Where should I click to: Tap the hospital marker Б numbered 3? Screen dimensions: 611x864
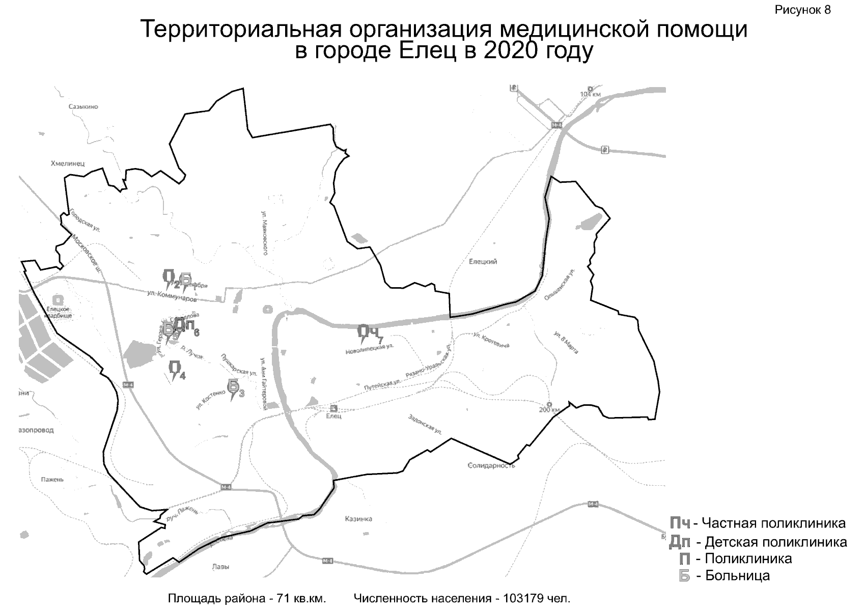(233, 387)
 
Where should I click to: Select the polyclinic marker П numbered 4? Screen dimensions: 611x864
(175, 369)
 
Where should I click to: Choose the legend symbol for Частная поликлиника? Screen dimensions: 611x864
(680, 523)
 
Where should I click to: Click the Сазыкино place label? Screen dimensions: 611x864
(83, 107)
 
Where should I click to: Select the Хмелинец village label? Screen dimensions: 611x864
(68, 163)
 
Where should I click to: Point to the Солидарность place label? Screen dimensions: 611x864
(491, 465)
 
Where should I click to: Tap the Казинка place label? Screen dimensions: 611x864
(358, 519)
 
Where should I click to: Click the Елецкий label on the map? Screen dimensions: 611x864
(483, 262)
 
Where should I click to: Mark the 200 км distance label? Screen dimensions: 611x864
(549, 409)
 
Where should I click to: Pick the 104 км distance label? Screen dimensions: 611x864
(591, 94)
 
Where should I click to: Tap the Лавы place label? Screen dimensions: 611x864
(220, 567)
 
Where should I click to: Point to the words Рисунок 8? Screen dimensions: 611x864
(803, 10)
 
